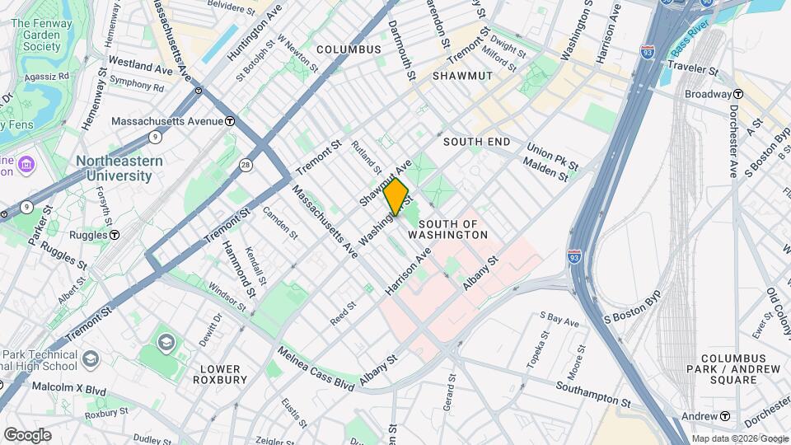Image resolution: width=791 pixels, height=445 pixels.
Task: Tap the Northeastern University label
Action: point(115,169)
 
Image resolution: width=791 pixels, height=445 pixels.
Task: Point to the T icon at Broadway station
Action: point(738,94)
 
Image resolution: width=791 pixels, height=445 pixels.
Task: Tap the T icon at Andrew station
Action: point(725,416)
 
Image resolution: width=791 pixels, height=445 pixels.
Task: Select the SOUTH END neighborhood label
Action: point(476,142)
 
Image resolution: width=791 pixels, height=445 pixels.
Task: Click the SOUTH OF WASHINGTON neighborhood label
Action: point(453,229)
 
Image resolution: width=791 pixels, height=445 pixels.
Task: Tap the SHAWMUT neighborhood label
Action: point(462,75)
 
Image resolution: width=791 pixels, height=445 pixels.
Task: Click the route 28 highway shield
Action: point(246,166)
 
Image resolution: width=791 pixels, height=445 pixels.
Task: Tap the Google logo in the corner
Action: point(27,434)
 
